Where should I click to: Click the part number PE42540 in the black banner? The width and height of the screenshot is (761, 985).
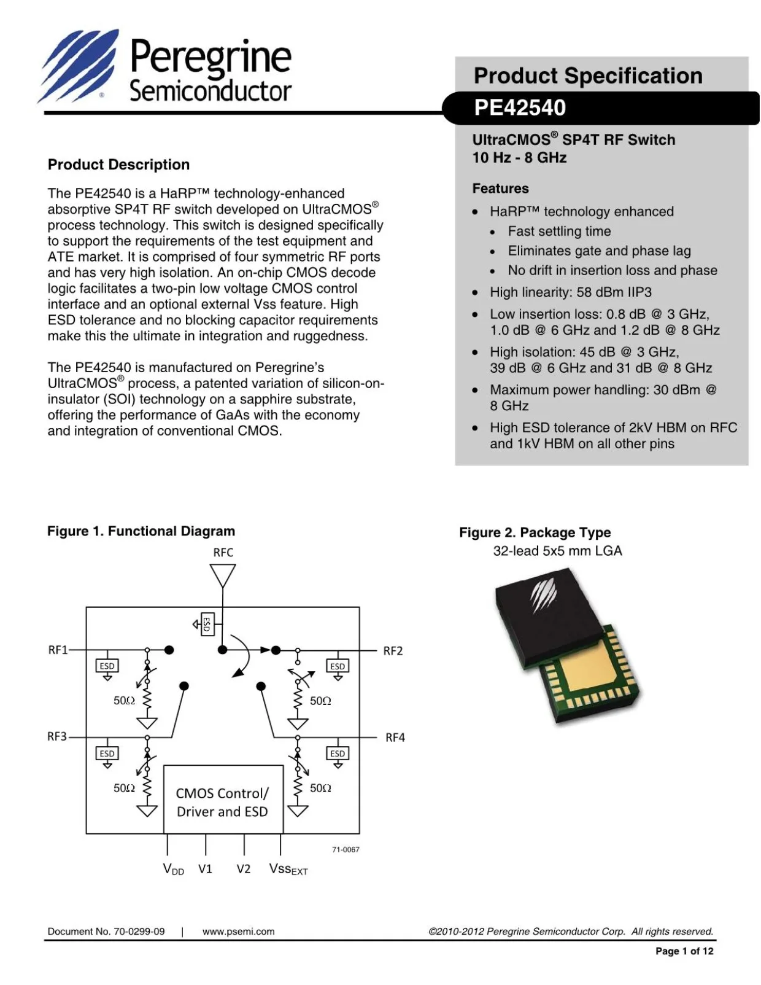tap(519, 107)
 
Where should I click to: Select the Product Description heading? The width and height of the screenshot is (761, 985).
tap(118, 165)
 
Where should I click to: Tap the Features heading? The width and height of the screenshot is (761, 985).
tap(500, 189)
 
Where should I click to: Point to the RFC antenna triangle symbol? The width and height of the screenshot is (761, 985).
tap(222, 575)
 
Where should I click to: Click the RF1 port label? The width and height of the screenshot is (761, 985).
tap(58, 650)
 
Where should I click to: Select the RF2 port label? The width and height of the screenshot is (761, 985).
tap(393, 651)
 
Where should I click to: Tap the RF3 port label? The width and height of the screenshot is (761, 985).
tap(57, 736)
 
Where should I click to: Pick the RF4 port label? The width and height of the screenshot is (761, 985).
tap(395, 738)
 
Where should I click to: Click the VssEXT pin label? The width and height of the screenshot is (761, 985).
tap(288, 869)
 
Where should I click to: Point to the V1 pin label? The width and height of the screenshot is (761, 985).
tap(205, 869)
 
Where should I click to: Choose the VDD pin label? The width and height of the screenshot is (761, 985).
tap(173, 869)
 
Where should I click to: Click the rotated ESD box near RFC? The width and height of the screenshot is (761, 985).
tap(207, 624)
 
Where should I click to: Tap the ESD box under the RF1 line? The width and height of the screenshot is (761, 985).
tap(107, 666)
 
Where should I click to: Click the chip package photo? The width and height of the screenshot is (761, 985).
tap(566, 644)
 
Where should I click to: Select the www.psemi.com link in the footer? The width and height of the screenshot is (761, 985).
tap(238, 932)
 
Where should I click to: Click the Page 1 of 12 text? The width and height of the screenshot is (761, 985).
tap(684, 951)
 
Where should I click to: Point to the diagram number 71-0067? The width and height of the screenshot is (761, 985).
tap(346, 850)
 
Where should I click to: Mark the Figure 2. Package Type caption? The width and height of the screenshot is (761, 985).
tap(535, 532)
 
